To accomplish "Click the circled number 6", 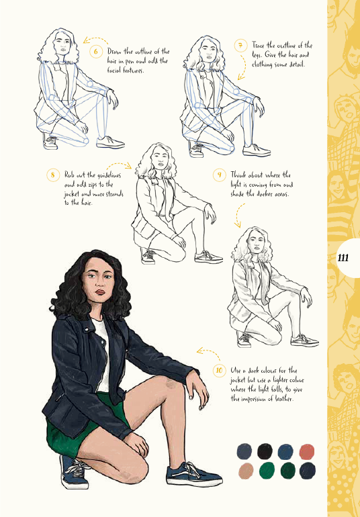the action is tap(96, 52).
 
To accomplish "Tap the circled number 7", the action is tap(241, 46).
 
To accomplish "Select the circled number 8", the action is tap(53, 175).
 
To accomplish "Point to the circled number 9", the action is tap(220, 175).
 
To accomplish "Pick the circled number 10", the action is tap(220, 370).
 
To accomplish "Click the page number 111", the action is tap(343, 258).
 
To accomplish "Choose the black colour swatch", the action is tap(265, 451).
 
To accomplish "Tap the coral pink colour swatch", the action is tap(307, 452).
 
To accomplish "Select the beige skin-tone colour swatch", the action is tap(246, 471).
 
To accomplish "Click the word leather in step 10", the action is tap(283, 399).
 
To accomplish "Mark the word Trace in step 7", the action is tap(259, 45).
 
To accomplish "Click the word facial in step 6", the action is tap(114, 70).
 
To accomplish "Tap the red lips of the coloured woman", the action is tap(100, 292).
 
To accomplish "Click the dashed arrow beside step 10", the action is tap(208, 352).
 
